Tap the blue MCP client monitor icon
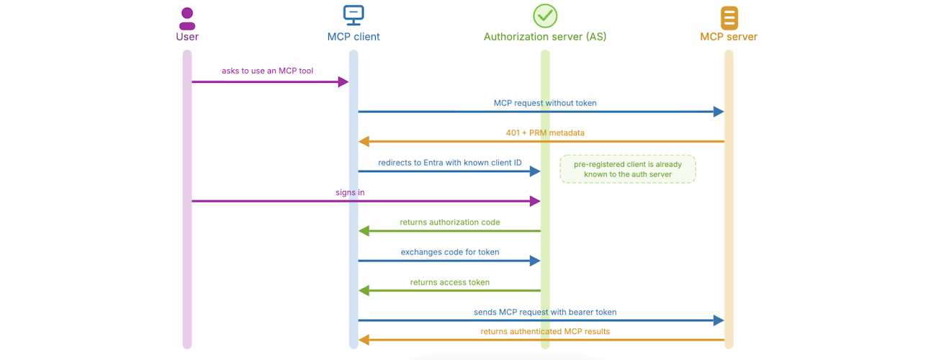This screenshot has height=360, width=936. (x=354, y=15)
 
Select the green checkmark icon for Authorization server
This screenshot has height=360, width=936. (x=545, y=16)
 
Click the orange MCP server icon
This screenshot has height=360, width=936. (x=729, y=17)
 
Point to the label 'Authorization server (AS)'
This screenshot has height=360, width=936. (x=545, y=37)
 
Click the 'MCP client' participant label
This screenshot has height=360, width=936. (x=354, y=37)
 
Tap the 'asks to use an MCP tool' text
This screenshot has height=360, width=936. (x=267, y=71)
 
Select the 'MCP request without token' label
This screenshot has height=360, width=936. (x=545, y=103)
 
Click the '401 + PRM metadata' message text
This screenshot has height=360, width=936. (x=545, y=132)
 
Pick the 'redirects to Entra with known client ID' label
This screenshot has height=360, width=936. (x=450, y=163)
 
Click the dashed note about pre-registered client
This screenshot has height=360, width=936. (x=628, y=169)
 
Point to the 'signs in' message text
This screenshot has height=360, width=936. (x=350, y=192)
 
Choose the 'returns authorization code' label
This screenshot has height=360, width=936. (x=450, y=222)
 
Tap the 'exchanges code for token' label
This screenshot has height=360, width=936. (x=450, y=252)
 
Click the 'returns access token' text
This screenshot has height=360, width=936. (x=450, y=282)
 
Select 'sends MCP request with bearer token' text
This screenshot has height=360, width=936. (x=545, y=312)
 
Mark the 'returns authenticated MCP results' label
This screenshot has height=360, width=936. (x=545, y=331)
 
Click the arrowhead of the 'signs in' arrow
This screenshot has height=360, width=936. (x=535, y=201)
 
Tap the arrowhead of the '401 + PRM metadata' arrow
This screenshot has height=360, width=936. (x=364, y=141)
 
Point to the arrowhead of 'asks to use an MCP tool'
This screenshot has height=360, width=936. (x=343, y=81)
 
